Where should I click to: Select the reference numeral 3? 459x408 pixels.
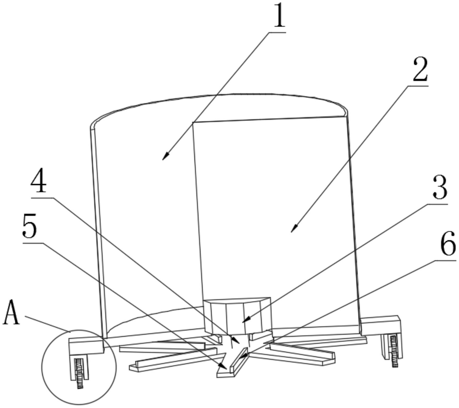[440, 188]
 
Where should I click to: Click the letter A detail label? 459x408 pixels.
[11, 313]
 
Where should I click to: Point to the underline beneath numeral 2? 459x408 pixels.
[418, 86]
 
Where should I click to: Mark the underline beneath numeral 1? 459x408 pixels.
[277, 32]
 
